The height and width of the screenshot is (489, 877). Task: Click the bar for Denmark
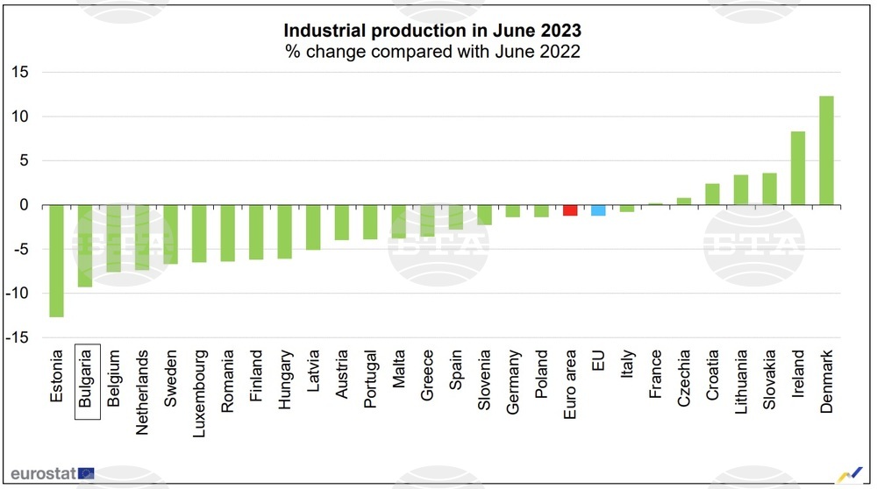tap(826, 151)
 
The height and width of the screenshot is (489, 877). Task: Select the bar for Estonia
tap(57, 261)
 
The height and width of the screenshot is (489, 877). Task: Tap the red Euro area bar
tap(570, 210)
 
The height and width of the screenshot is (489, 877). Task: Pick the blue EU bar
tap(598, 210)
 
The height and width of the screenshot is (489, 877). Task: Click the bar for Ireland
tap(798, 168)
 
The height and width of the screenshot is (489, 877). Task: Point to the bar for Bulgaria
tap(85, 246)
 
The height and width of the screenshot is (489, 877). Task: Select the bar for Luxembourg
tap(199, 234)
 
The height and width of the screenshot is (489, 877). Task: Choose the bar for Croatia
tap(712, 195)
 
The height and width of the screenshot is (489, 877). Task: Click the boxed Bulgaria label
tap(87, 382)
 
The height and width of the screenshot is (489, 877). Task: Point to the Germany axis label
tap(513, 380)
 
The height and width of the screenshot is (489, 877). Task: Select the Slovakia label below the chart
tap(769, 379)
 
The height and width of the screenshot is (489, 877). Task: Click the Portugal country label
tap(370, 379)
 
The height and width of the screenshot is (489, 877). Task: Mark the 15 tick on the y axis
tap(19, 72)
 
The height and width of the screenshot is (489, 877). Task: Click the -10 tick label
tap(17, 294)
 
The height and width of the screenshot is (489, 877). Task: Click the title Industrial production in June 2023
tap(431, 32)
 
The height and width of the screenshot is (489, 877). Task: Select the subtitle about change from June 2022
tap(431, 52)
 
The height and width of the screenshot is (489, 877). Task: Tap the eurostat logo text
tap(43, 473)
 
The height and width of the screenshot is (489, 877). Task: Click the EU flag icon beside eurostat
tap(86, 473)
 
